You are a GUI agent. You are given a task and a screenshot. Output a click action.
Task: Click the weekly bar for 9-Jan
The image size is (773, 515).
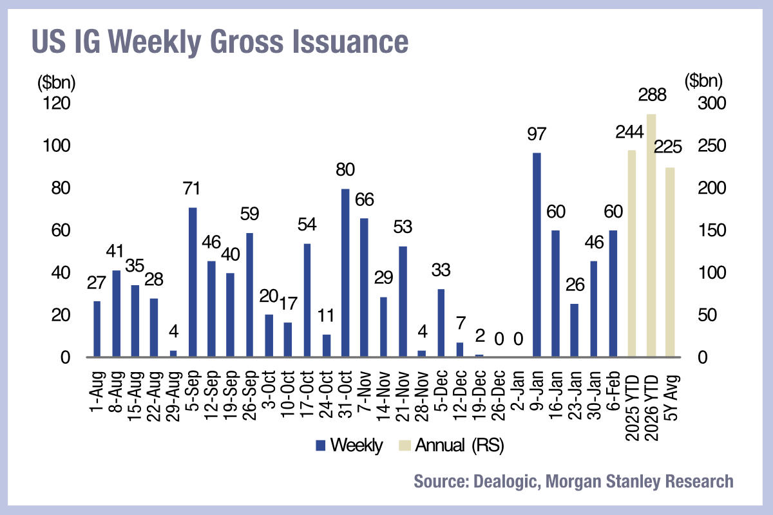(537, 255)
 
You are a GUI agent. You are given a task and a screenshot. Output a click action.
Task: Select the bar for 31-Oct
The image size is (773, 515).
(345, 273)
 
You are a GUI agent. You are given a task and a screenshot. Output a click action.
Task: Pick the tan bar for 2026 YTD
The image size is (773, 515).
(651, 236)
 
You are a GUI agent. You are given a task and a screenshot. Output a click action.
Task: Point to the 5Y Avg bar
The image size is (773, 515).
(670, 262)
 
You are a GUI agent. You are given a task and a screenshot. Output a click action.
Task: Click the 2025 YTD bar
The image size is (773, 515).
(632, 254)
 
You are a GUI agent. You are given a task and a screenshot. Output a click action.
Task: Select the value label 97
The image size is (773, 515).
(537, 135)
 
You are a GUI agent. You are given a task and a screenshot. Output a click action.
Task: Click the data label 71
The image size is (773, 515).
(192, 190)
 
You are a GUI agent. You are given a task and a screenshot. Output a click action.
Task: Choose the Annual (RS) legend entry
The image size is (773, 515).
(459, 445)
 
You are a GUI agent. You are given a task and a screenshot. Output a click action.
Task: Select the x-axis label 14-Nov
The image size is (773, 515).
(384, 398)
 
